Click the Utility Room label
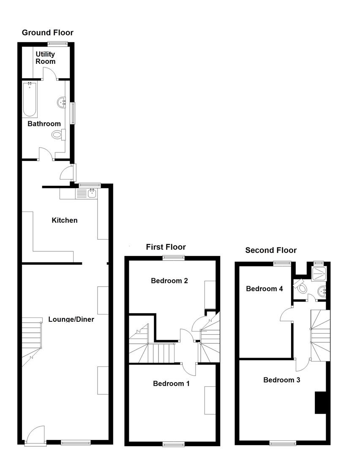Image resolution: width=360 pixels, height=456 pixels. [x=45, y=58]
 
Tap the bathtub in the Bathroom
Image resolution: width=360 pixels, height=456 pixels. [x=30, y=100]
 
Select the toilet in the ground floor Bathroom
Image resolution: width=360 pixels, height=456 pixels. [x=58, y=135]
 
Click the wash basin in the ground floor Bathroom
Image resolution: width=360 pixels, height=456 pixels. [x=61, y=102]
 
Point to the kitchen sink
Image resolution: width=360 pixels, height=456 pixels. [x=92, y=194]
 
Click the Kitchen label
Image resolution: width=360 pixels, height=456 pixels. [x=65, y=220]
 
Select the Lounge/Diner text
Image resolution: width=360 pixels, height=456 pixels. [x=71, y=319]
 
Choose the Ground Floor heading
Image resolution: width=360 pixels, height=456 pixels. [x=47, y=33]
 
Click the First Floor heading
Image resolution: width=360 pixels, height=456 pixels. [x=166, y=247]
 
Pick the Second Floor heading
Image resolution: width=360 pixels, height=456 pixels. [x=271, y=250]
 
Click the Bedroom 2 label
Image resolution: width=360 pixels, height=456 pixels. [x=169, y=280]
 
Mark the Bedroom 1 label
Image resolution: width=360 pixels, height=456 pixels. [x=171, y=383]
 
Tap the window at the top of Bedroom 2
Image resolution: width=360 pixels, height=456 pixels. [x=175, y=258]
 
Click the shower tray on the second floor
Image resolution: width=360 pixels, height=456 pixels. [x=319, y=272]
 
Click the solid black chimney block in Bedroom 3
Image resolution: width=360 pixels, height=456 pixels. [x=320, y=402]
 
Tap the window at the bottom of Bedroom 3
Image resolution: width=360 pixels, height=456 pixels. [x=283, y=443]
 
